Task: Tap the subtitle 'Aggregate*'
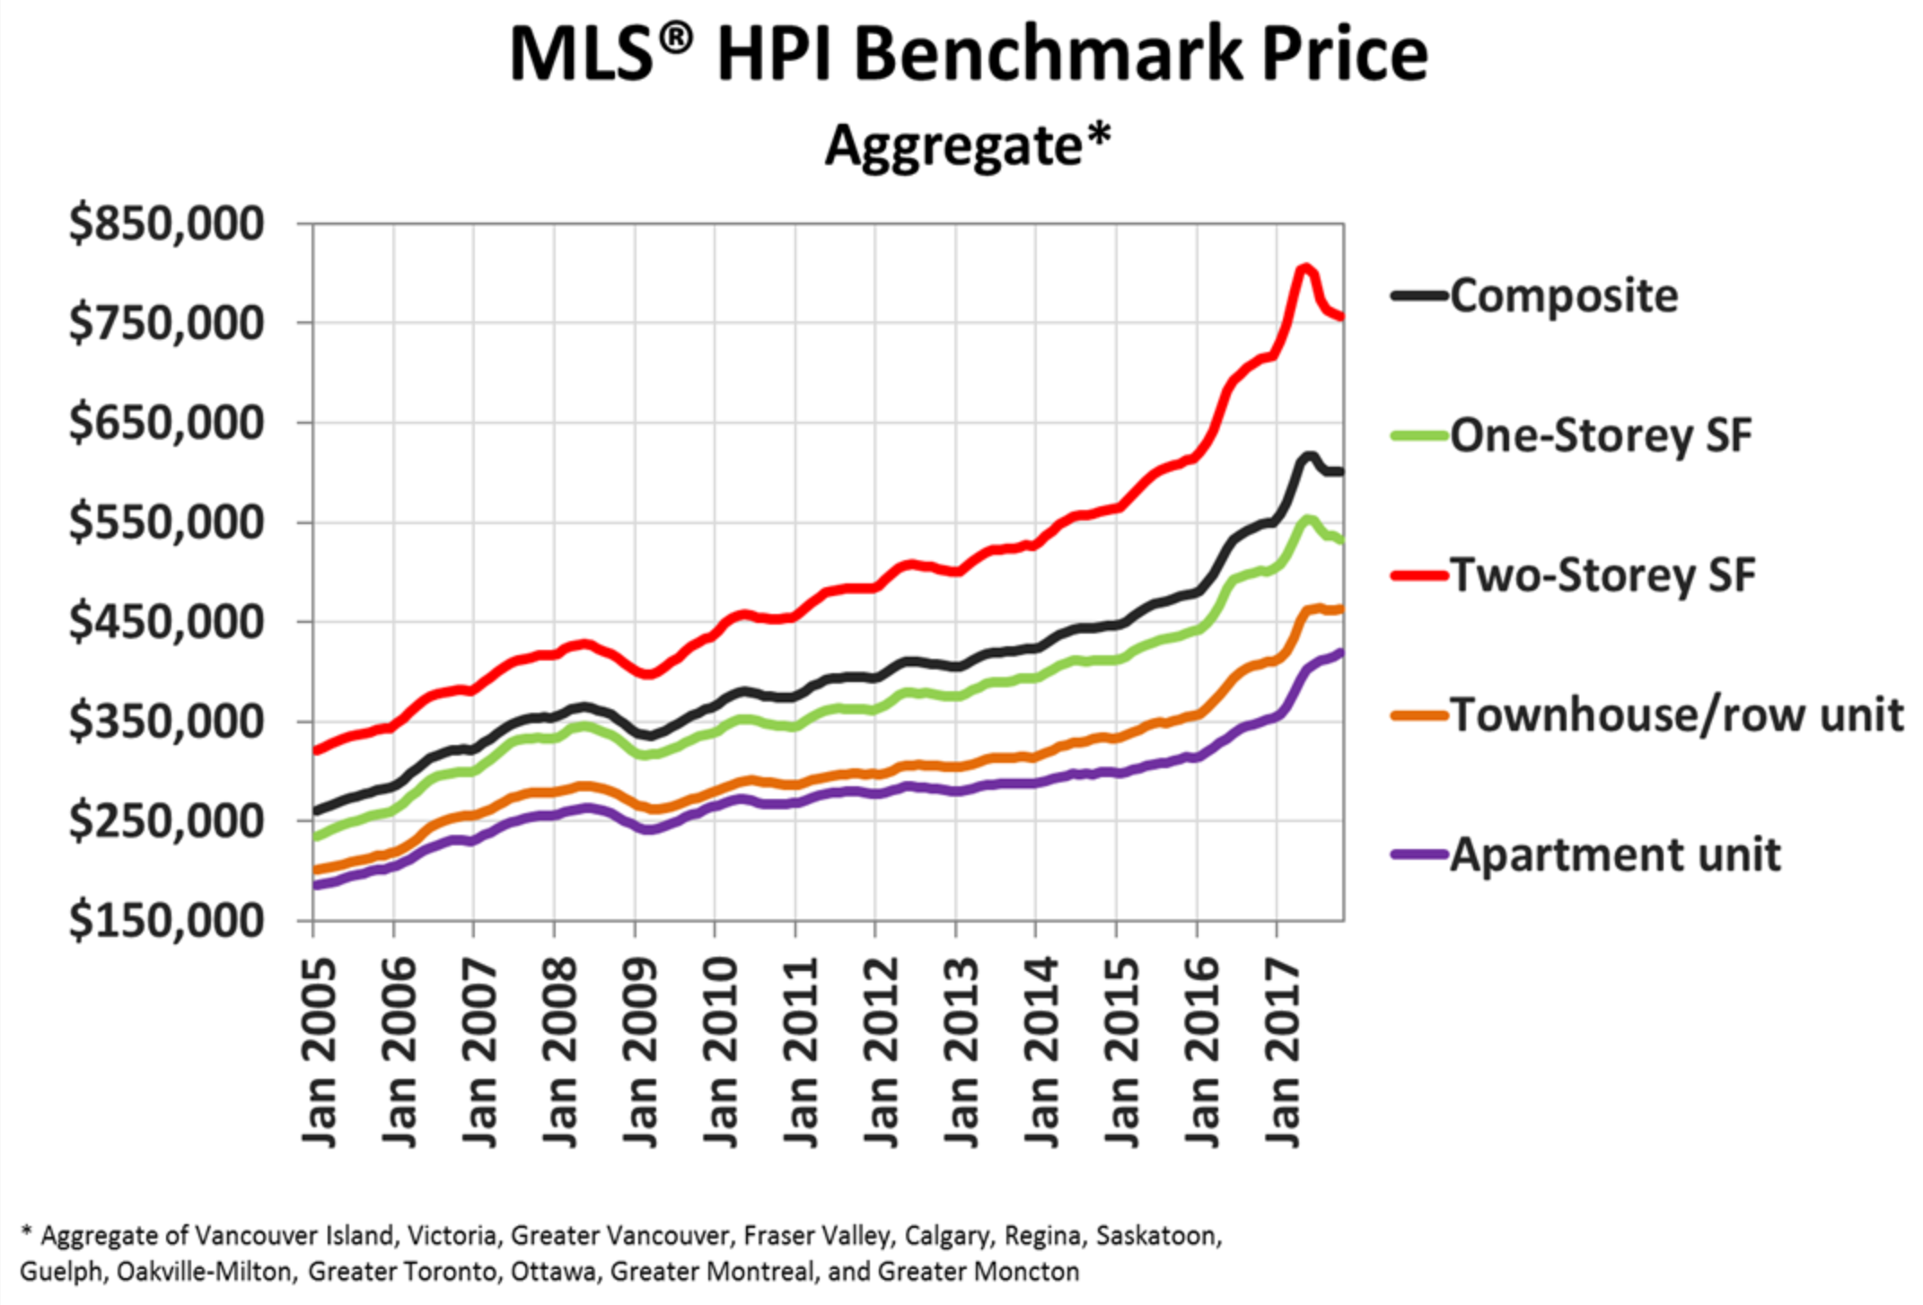pos(968,145)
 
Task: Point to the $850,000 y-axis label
pos(167,223)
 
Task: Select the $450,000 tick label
pos(167,621)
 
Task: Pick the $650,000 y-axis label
pos(167,423)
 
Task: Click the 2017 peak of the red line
pos(1304,267)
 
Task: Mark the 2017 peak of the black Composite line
pos(1307,457)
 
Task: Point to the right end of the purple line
pos(1342,652)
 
